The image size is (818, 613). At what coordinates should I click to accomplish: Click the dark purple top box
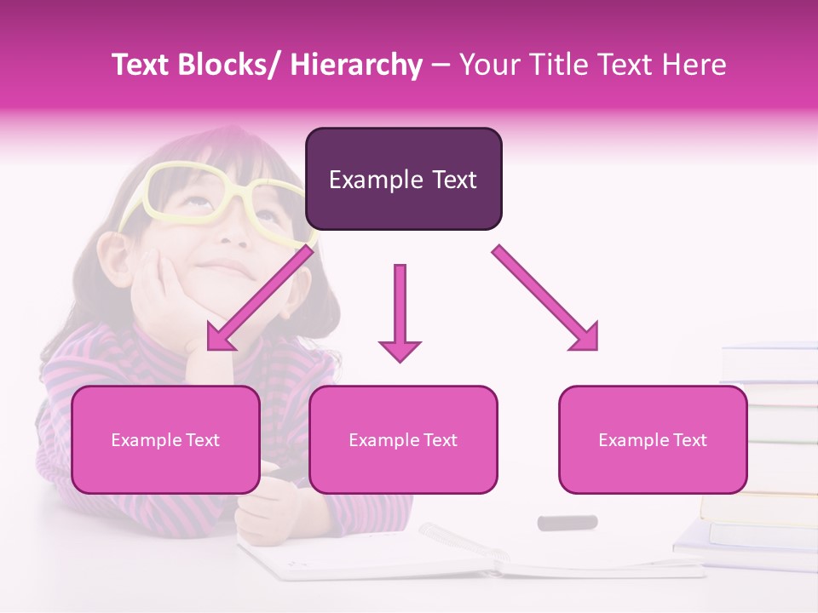point(403,179)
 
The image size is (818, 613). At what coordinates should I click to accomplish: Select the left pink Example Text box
point(165,439)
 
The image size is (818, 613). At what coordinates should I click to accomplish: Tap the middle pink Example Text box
point(403,439)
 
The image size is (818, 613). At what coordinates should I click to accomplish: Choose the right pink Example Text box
point(653,439)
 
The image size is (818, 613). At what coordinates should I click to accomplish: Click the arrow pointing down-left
point(259,299)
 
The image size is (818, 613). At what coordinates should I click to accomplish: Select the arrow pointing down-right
point(545,298)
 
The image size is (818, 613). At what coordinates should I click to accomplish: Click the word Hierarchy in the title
point(355,65)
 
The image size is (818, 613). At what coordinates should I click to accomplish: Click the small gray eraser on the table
point(567,522)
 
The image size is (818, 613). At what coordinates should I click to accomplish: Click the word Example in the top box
point(372,180)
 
